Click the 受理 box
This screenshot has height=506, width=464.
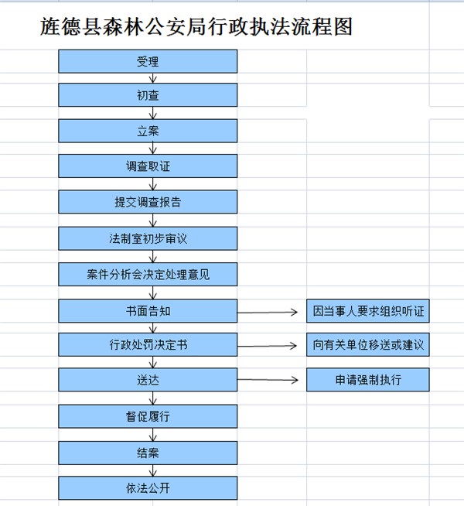tap(148, 61)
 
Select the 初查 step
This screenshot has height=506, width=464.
tap(148, 95)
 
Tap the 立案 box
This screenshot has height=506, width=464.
tap(148, 131)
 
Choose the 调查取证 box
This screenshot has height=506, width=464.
tap(148, 166)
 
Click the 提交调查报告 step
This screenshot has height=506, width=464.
tap(148, 202)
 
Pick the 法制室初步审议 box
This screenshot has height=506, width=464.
tap(148, 238)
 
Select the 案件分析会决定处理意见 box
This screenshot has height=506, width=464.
tap(148, 275)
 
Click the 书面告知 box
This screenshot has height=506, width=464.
tap(148, 311)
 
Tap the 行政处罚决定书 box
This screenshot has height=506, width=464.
tap(148, 345)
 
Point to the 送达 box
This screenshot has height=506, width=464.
tap(148, 380)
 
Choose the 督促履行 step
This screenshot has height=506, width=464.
tap(148, 416)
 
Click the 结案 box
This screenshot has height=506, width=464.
tap(148, 453)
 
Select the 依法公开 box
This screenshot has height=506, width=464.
tap(148, 488)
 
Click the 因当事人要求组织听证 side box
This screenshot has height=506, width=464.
tap(368, 311)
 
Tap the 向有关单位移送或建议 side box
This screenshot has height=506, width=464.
tap(368, 344)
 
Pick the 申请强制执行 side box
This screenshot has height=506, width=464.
tap(368, 380)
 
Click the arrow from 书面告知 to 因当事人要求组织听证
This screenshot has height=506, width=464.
tap(268, 313)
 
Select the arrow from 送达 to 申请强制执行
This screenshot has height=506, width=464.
tap(268, 380)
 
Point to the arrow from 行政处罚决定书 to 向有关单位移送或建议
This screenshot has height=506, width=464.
tap(267, 346)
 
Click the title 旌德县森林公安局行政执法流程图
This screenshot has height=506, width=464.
tap(196, 26)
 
